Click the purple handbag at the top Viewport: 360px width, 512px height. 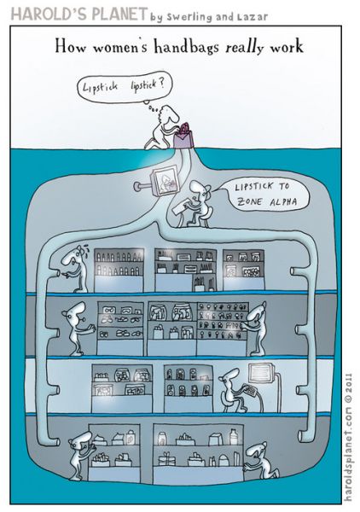tap(183, 137)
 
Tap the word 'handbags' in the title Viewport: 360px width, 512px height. tap(186, 46)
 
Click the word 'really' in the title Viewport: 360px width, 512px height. tap(245, 47)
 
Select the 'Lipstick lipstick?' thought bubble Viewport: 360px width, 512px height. tap(124, 87)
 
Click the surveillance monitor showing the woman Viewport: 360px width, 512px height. tap(164, 179)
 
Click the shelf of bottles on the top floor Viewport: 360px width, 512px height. tap(119, 270)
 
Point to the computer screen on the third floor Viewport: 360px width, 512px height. tap(262, 374)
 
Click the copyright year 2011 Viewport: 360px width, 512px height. tap(348, 384)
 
